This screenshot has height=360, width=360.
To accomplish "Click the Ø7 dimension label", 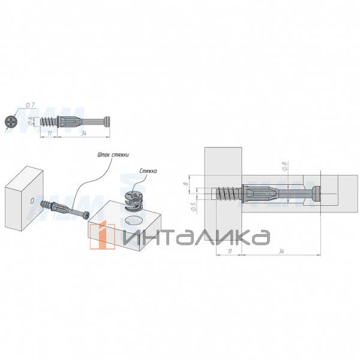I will pos(31,106).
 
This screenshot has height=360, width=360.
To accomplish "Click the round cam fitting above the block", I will pos(133,200).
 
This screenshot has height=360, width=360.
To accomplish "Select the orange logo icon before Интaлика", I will pos(107,235).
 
